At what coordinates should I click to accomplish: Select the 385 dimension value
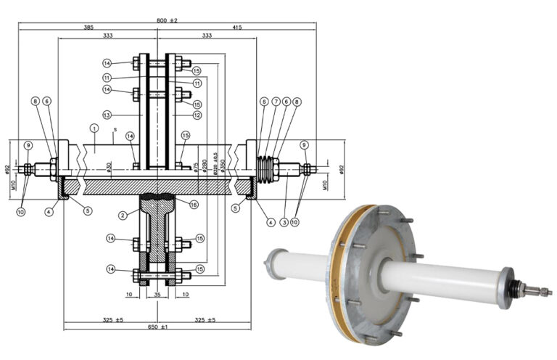pos(88,27)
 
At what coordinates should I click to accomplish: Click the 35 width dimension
pos(157,295)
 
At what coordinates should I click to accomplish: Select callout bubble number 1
pos(94,128)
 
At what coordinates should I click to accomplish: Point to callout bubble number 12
pos(197,115)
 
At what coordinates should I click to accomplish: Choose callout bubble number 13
pos(107,115)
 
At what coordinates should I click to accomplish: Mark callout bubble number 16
pos(194,205)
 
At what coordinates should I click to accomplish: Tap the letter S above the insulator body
pos(115,131)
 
